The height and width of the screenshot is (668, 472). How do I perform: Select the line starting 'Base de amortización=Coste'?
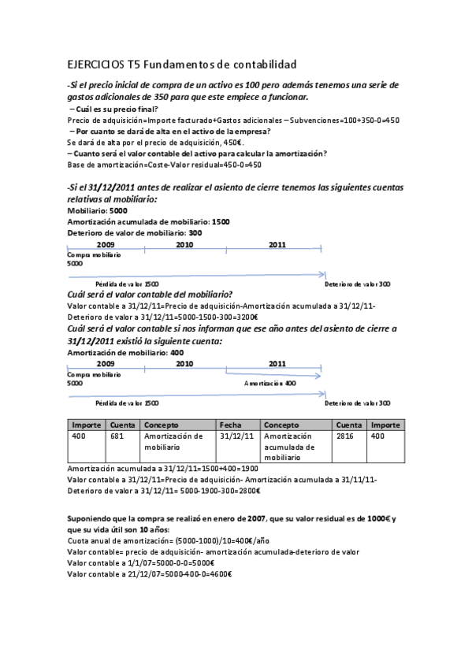tap(164, 165)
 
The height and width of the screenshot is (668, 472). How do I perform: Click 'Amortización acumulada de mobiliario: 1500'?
tap(148, 222)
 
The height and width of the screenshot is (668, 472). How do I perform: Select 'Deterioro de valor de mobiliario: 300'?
tap(134, 233)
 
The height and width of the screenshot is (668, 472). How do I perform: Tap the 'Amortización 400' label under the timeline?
tap(269, 383)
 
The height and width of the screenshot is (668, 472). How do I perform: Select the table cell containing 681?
tap(117, 436)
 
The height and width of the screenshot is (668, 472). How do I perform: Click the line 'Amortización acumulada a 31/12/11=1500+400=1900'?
tap(163, 469)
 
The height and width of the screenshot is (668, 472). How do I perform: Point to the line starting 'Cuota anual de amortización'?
tap(168, 541)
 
